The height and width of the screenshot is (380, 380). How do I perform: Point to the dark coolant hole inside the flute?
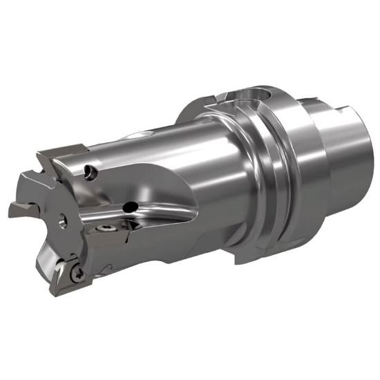tap(129, 206)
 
